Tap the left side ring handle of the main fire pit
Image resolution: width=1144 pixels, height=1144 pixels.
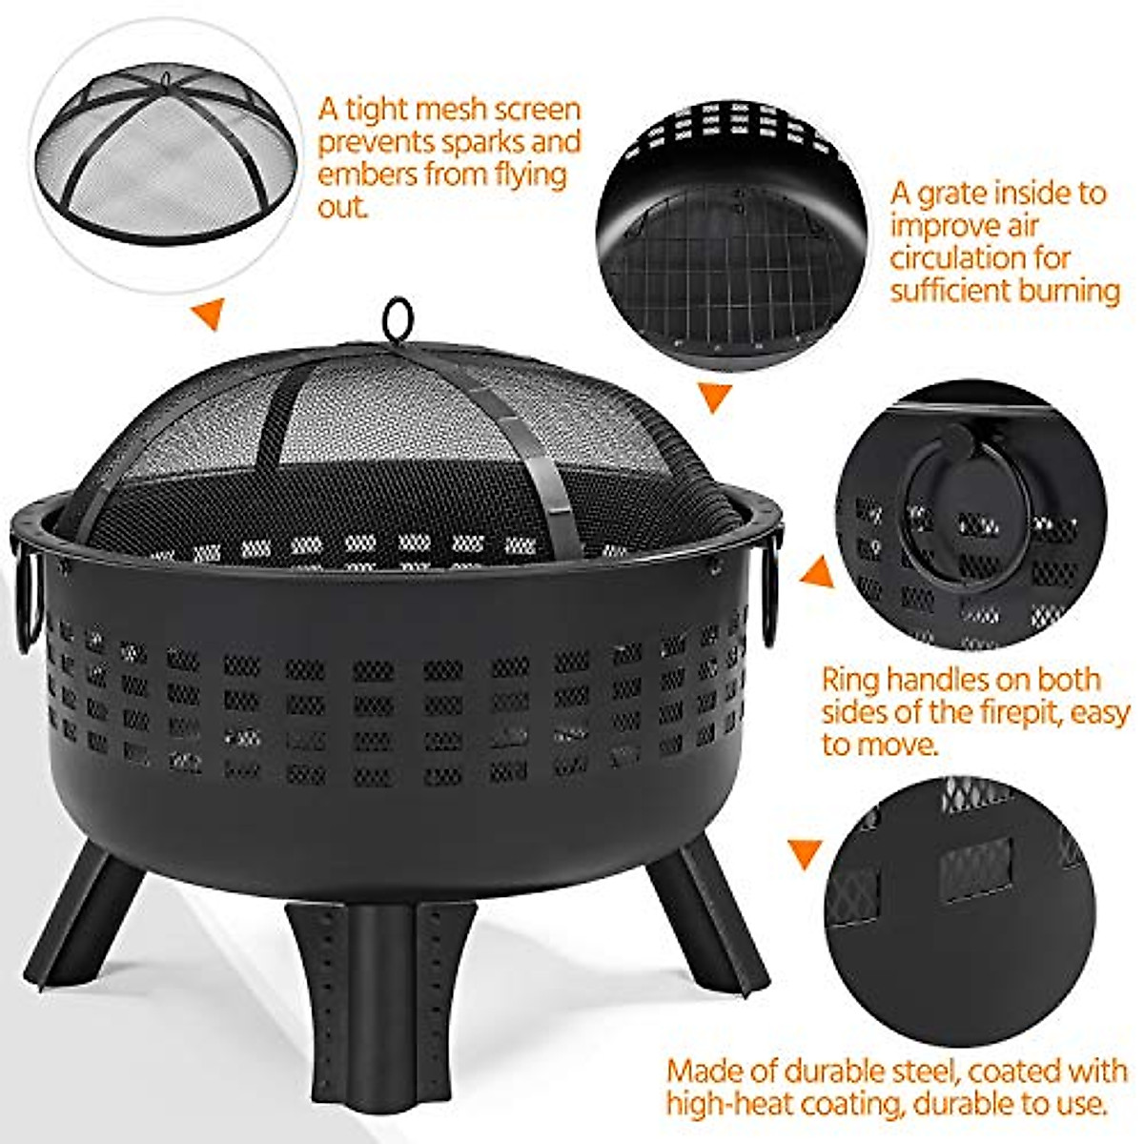point(25,601)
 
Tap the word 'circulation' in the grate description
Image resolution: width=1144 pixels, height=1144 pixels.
point(954,257)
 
